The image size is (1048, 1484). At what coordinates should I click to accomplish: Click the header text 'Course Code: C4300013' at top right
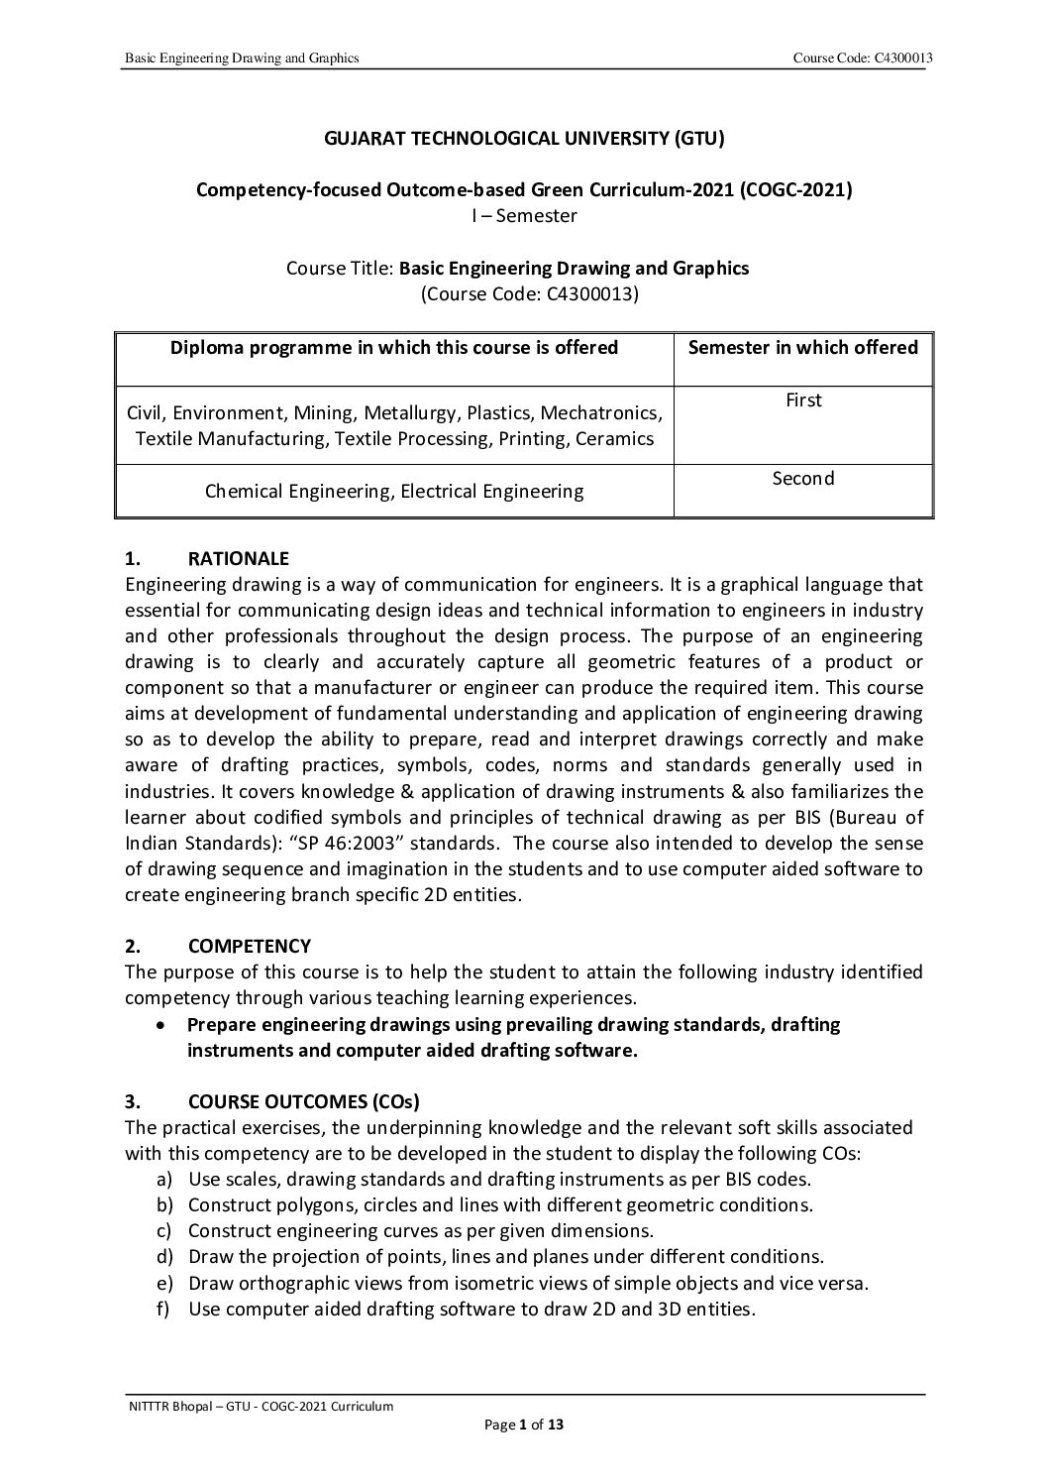click(x=859, y=59)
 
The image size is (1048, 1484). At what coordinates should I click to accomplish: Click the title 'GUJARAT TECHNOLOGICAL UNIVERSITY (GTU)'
click(x=525, y=139)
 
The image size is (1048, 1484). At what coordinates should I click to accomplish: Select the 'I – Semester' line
click(x=524, y=215)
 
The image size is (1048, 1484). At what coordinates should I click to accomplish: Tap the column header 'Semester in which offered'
click(x=802, y=347)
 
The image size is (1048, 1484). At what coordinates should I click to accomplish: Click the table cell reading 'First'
click(x=803, y=400)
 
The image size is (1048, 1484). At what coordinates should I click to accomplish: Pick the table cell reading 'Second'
click(x=803, y=479)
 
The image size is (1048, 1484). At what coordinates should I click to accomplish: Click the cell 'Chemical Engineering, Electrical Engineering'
click(x=394, y=491)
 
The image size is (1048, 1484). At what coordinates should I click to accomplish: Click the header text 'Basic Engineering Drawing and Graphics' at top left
click(x=241, y=59)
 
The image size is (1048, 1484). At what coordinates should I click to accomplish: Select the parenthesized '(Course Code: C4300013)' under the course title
click(x=524, y=293)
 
